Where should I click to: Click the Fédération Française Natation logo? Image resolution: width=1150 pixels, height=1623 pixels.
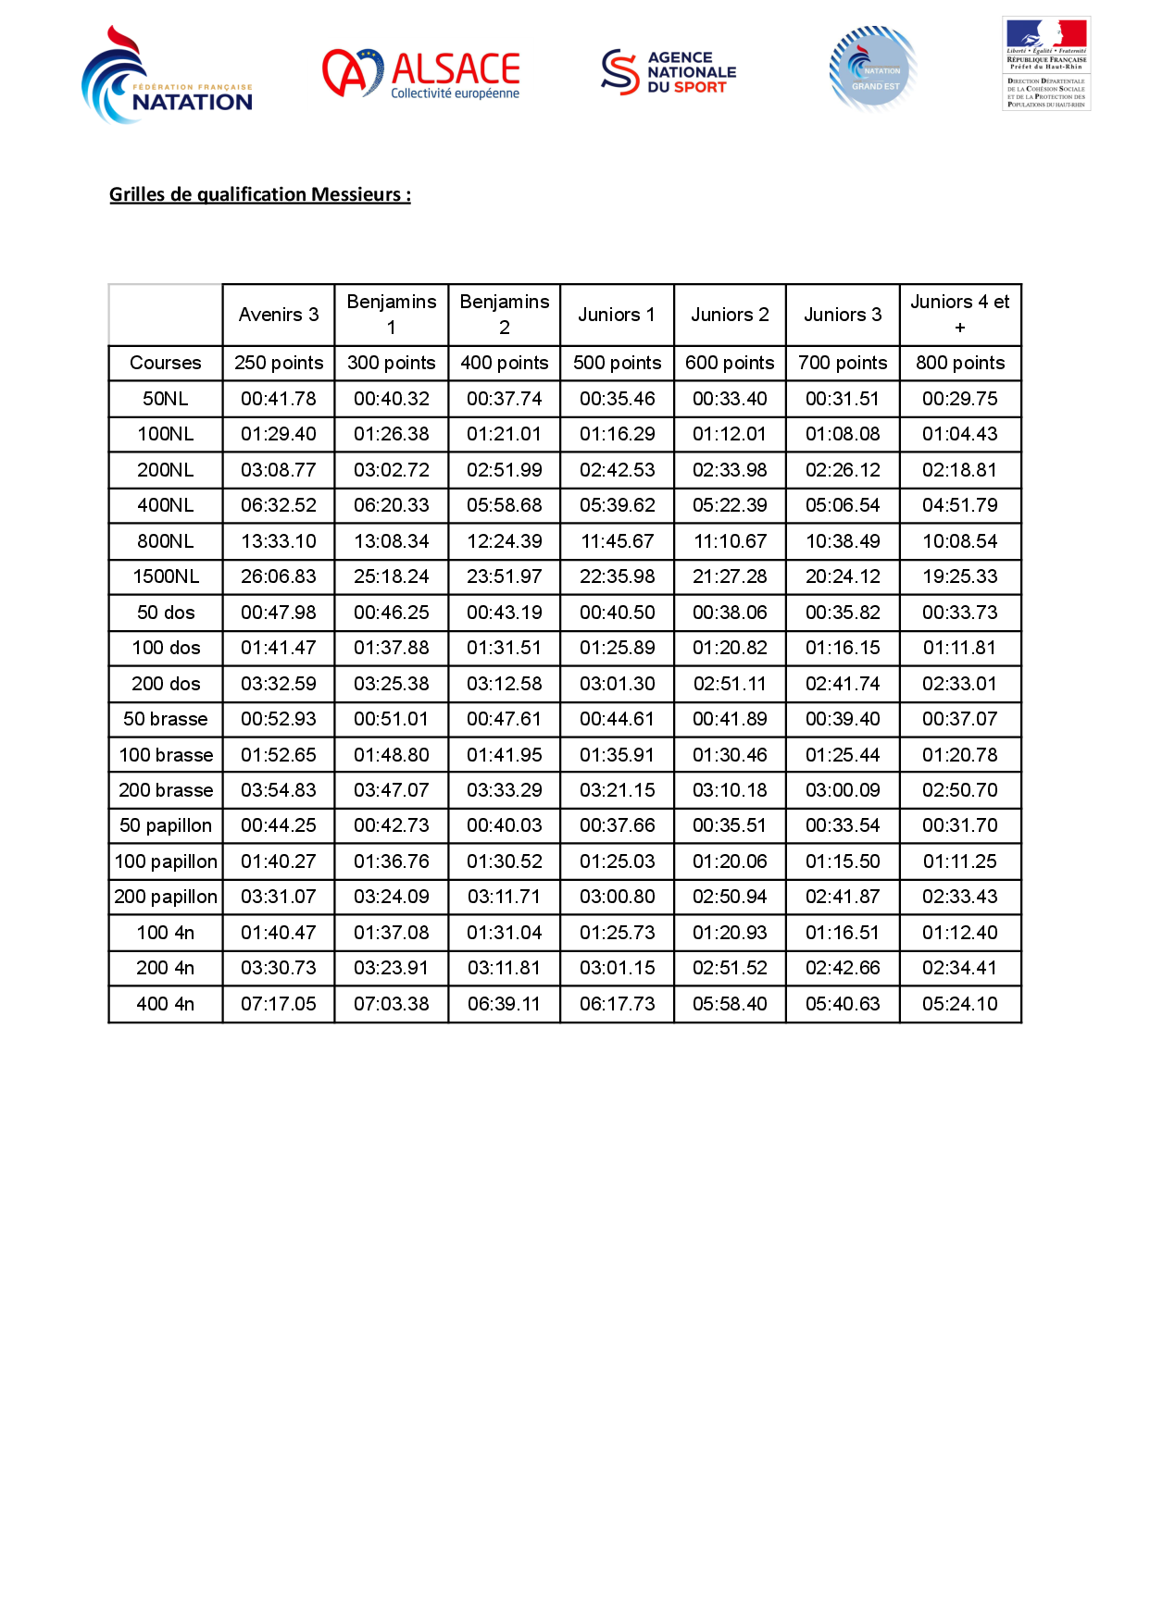pos(167,76)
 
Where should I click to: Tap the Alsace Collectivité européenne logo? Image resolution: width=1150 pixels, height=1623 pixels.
pos(421,74)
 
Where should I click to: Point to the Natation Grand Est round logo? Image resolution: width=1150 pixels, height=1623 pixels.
pos(873,69)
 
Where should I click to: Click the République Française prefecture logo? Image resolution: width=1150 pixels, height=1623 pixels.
pos(1046,63)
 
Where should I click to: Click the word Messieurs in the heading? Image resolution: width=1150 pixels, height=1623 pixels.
pos(356,194)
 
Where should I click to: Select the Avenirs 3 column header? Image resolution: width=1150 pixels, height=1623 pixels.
pos(279,315)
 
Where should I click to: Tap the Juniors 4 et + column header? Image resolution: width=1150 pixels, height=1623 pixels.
pos(960,315)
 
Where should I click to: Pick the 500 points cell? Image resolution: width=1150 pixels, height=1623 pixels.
pos(618,363)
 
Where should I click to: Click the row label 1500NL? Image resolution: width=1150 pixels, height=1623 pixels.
pos(166,576)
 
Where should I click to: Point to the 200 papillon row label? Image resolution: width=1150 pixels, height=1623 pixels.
pos(166,897)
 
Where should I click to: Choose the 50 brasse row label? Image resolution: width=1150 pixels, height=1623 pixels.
pos(166,719)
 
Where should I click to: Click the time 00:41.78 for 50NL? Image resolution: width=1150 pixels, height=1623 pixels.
pos(279,399)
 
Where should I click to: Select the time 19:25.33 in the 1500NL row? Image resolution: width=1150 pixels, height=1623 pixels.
pos(960,576)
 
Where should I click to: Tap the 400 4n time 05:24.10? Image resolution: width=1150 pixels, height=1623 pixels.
pos(960,1004)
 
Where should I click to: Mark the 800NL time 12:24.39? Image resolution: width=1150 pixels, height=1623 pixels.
pos(505,541)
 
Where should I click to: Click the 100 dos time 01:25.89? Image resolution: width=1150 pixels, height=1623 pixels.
pos(618,648)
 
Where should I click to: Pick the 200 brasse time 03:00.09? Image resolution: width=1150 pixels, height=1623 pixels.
pos(843,790)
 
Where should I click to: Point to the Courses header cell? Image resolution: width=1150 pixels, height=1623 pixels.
pos(166,363)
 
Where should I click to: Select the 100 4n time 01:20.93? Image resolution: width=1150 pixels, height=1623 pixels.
pos(730,933)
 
